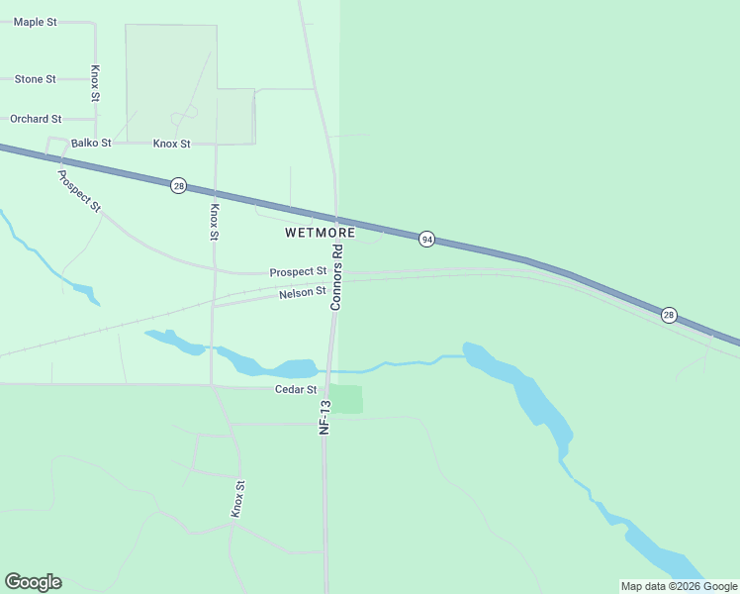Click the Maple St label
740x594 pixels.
click(x=35, y=22)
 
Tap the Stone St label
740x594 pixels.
click(x=36, y=79)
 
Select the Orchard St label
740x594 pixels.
click(x=36, y=119)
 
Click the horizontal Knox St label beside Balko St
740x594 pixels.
click(x=171, y=144)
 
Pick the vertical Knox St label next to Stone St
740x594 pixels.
click(x=95, y=84)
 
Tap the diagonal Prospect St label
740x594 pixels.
click(x=79, y=191)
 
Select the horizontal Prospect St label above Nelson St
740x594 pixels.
click(x=298, y=271)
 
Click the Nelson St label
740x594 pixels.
click(x=303, y=293)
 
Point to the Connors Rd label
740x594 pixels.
click(x=336, y=278)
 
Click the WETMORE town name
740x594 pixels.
click(x=320, y=233)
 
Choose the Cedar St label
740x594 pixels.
click(x=295, y=390)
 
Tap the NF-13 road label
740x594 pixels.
click(x=324, y=417)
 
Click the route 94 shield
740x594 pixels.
click(x=426, y=240)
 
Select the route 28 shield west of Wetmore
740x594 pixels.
click(x=178, y=185)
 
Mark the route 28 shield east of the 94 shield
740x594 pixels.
click(x=670, y=314)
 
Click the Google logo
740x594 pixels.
click(x=33, y=582)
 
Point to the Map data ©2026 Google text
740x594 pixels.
click(x=680, y=586)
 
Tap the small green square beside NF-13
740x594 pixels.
click(x=346, y=399)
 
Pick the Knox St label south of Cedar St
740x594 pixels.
click(x=237, y=498)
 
